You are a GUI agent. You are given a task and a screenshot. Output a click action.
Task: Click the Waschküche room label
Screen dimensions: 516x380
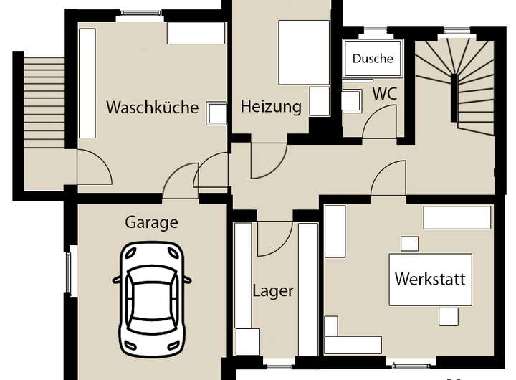(x=152, y=108)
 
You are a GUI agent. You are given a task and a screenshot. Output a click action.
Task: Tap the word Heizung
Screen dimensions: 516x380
(x=271, y=108)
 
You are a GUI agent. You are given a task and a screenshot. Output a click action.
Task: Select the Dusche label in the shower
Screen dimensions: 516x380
(x=373, y=59)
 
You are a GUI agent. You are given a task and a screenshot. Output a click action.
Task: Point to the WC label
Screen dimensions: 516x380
(x=384, y=94)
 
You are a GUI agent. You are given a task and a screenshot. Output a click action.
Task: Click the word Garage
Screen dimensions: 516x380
(x=151, y=222)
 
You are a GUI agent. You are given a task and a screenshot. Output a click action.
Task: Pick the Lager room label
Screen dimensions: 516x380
(x=273, y=291)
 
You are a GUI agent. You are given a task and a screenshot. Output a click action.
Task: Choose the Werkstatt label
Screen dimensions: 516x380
(x=430, y=278)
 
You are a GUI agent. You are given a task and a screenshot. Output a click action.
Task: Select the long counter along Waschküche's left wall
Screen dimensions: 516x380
(x=87, y=83)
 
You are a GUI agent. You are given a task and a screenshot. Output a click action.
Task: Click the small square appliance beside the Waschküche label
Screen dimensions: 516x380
(x=216, y=113)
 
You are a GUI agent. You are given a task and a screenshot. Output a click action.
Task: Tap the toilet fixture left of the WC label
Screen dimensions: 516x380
(x=350, y=101)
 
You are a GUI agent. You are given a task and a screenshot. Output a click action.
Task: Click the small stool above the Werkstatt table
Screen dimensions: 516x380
(x=409, y=244)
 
